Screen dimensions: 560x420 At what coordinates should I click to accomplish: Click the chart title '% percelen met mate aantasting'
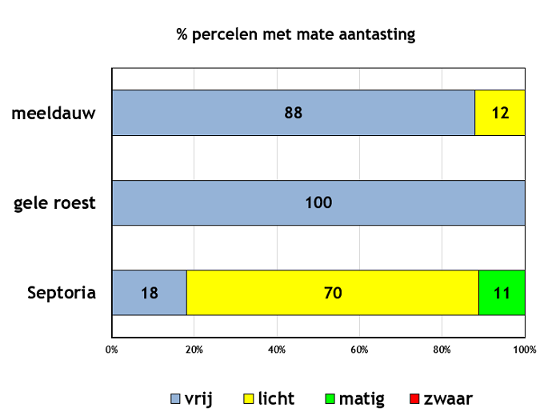(296, 35)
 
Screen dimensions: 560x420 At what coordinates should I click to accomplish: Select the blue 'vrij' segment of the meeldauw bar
(294, 113)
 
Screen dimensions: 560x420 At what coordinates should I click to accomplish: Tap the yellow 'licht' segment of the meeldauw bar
(500, 113)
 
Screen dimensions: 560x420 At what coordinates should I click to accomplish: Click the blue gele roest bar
(318, 203)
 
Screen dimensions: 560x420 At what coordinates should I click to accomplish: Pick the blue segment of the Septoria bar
(150, 293)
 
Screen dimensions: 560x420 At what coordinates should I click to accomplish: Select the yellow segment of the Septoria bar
(333, 293)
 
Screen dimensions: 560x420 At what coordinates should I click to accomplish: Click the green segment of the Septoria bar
(502, 293)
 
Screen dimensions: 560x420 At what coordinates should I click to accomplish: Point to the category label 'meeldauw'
(54, 114)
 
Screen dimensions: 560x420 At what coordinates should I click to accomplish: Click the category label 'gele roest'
(54, 203)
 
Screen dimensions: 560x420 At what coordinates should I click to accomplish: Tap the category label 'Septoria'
(62, 293)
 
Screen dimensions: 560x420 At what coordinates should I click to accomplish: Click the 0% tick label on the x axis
(112, 350)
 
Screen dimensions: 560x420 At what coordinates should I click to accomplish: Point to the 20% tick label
(194, 350)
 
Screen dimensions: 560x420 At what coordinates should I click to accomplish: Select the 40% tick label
(277, 350)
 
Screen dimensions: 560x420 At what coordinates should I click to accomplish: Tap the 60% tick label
(359, 350)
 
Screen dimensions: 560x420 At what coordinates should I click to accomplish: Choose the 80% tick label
(442, 350)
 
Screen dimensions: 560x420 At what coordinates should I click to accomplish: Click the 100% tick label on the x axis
(525, 350)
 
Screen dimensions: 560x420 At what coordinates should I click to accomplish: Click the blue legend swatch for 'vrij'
(175, 399)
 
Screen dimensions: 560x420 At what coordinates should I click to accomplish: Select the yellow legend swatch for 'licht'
(249, 399)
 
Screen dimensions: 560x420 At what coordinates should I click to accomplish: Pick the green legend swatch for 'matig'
(330, 399)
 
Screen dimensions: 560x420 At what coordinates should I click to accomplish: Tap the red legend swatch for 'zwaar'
(414, 399)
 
